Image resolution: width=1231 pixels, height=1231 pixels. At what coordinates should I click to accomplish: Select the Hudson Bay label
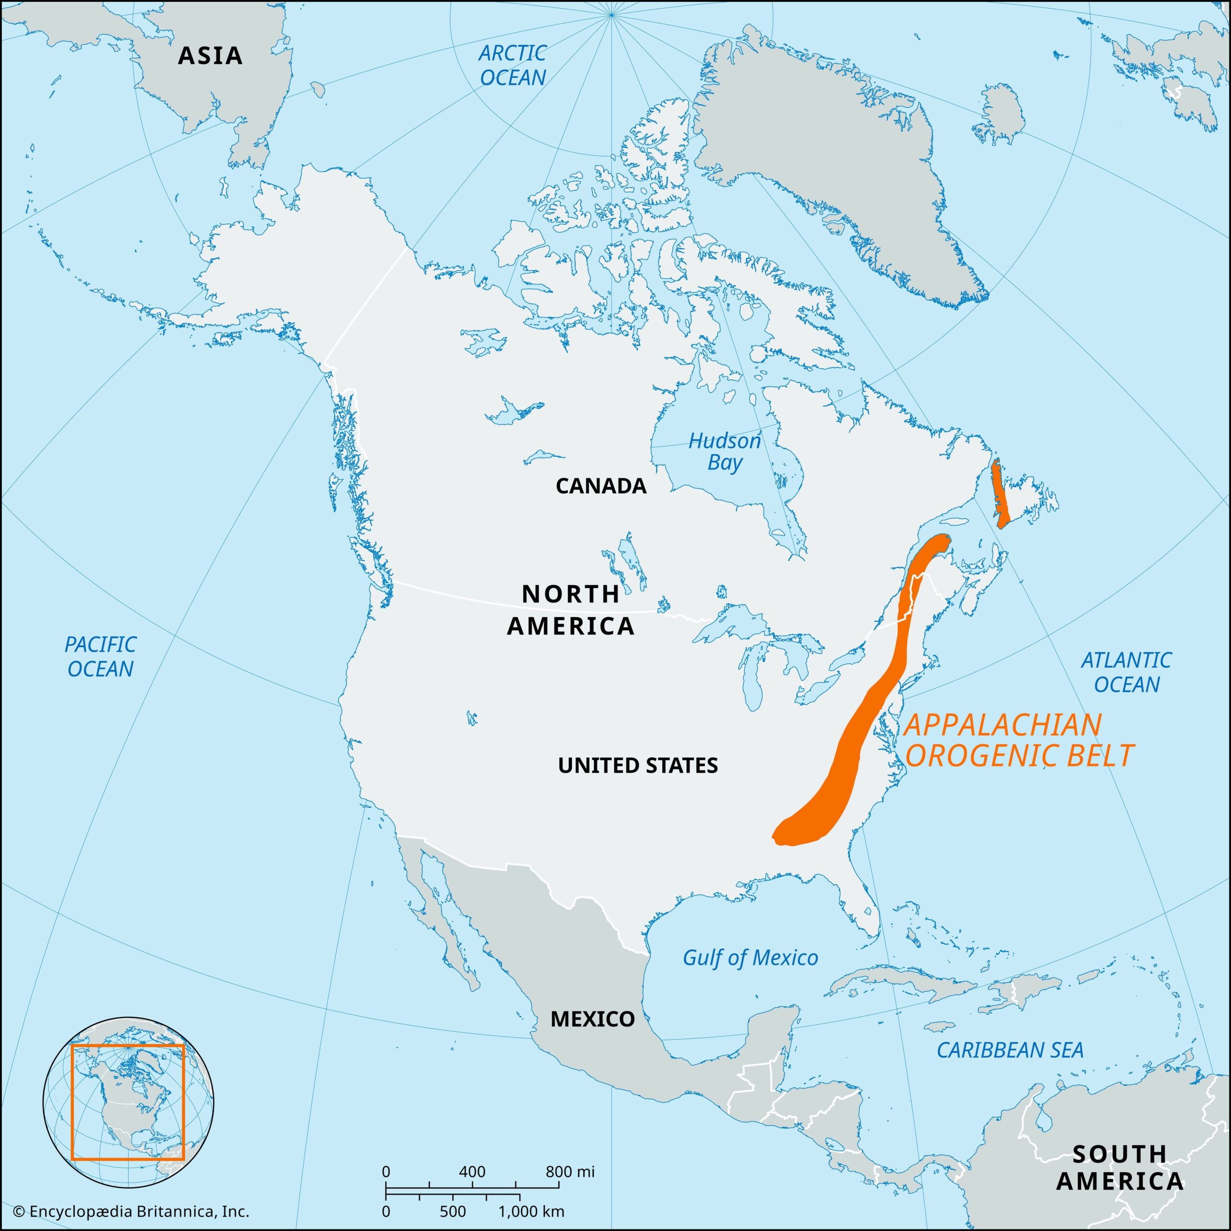coord(725,451)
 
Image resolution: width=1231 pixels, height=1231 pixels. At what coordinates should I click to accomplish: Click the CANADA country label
coord(601,486)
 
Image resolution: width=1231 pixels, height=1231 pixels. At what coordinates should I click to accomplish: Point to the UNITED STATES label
coord(638,765)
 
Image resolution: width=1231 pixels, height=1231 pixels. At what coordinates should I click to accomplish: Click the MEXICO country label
coord(592,1019)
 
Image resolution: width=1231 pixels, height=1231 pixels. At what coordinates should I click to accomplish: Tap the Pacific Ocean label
coord(100,656)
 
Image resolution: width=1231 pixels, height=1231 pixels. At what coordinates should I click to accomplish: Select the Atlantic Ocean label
coord(1127,672)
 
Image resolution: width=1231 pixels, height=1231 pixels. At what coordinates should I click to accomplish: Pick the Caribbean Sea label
coord(1010,1049)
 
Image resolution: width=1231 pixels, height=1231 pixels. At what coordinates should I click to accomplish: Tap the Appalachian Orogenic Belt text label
coord(1018,741)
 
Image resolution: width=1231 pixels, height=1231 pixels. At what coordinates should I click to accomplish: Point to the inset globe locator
coord(128,1102)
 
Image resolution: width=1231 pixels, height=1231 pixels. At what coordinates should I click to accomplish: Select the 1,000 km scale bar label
coord(531,1211)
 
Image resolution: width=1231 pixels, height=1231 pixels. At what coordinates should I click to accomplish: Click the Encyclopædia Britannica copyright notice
coord(131,1211)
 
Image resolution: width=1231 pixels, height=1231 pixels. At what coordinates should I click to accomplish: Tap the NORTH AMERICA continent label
coord(571,610)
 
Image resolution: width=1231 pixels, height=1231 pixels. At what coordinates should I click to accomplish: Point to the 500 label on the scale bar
coord(452,1211)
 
